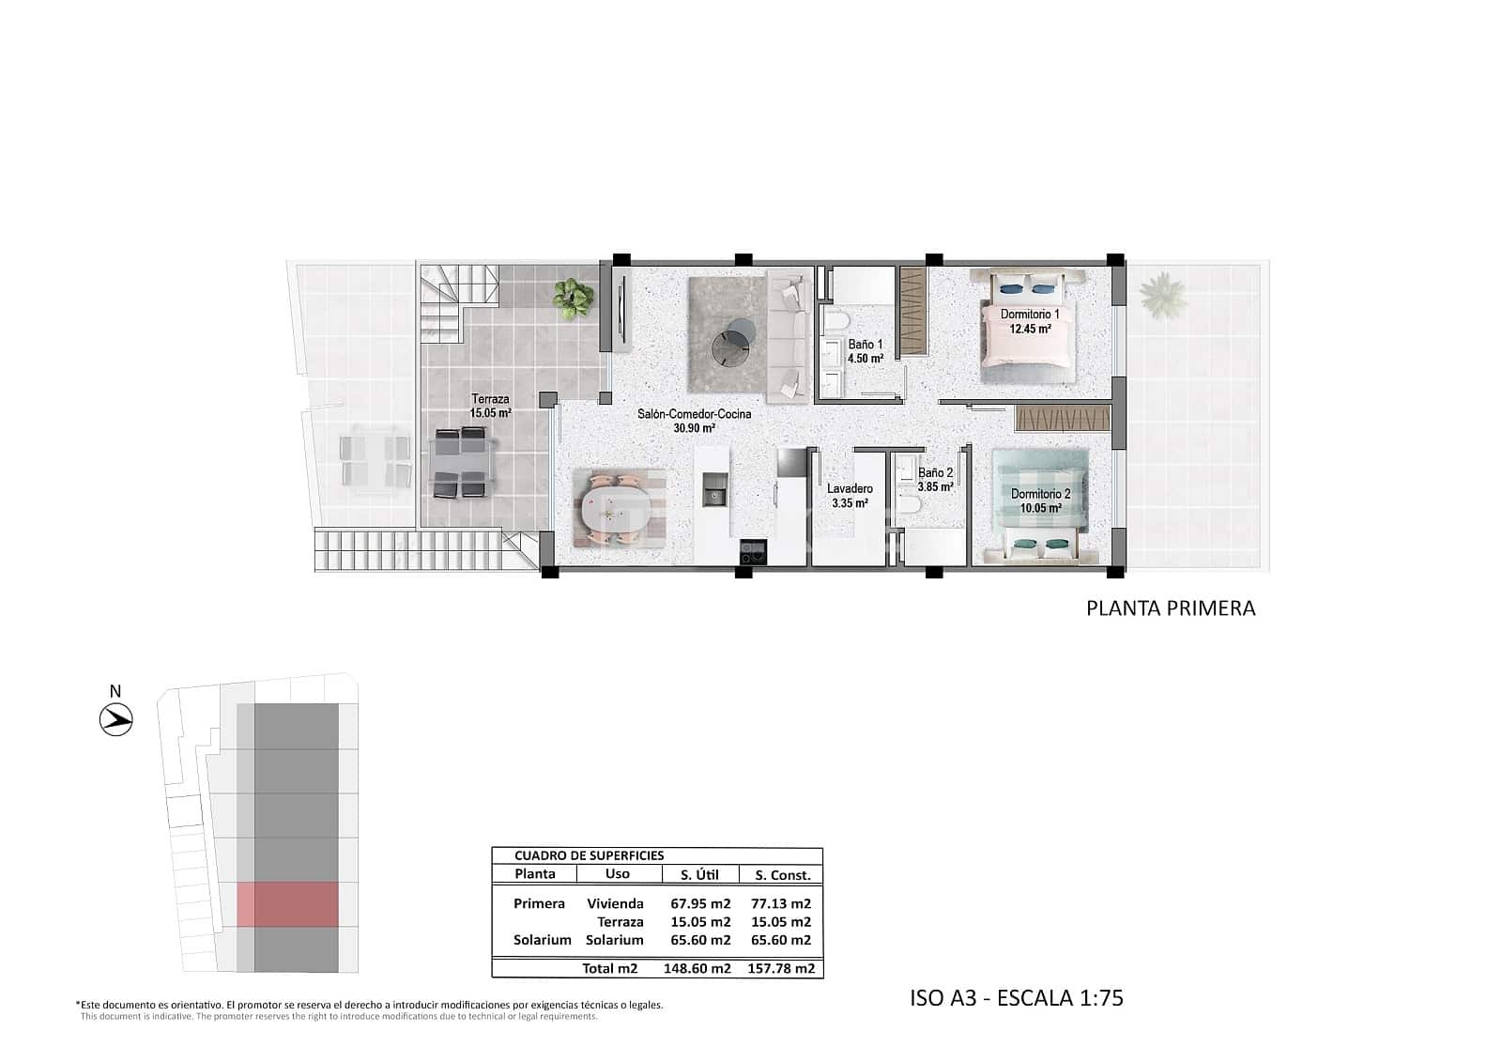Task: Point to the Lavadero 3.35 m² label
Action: click(x=850, y=496)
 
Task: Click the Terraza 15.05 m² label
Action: click(x=490, y=406)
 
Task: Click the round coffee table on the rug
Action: click(x=731, y=343)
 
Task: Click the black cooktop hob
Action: click(x=753, y=552)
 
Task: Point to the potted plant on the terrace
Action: click(x=573, y=297)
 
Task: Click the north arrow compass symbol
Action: click(x=116, y=720)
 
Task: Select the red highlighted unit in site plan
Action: click(x=286, y=904)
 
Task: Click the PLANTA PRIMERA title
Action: click(x=1170, y=608)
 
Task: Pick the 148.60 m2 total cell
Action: click(x=699, y=968)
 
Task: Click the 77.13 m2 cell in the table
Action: click(x=780, y=904)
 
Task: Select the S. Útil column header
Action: click(x=699, y=874)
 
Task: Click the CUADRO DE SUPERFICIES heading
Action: click(x=589, y=855)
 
